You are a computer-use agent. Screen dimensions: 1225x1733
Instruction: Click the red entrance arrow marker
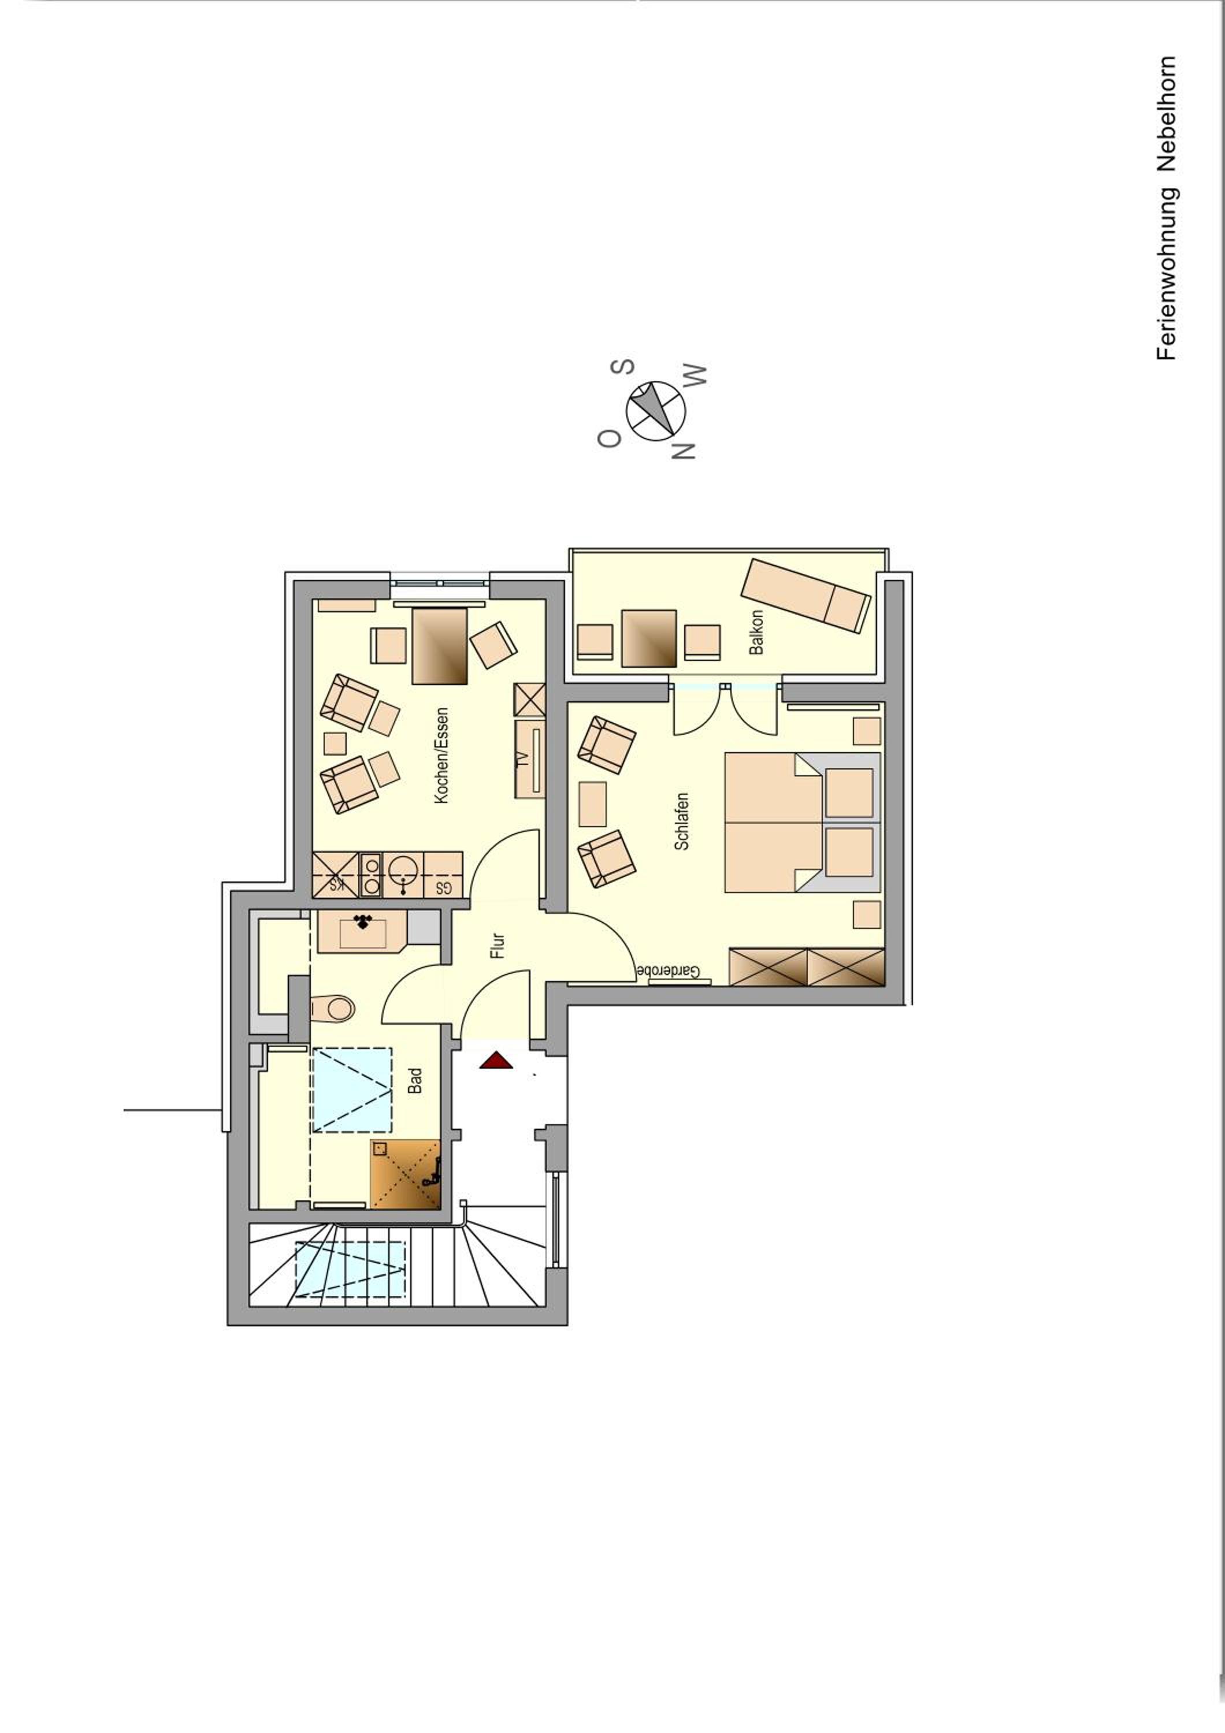(x=496, y=1061)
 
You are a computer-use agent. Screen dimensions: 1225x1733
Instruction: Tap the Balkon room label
(x=756, y=633)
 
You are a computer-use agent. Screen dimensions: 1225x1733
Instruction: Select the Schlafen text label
(x=682, y=821)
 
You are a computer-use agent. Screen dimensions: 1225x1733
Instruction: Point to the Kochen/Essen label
(x=441, y=756)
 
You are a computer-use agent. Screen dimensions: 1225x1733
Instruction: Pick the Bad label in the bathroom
(x=414, y=1080)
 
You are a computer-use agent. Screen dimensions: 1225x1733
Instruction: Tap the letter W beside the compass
(x=695, y=377)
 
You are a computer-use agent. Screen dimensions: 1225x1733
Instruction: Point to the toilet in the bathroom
(x=332, y=1007)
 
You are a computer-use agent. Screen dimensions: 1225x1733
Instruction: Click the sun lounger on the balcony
(x=805, y=596)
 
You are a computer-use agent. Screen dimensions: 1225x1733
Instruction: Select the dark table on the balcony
(x=648, y=638)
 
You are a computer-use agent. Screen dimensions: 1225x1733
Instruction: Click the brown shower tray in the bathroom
(x=405, y=1174)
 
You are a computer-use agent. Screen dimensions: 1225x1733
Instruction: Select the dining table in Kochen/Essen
(x=439, y=646)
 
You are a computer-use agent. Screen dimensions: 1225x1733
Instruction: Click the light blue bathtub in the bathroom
(x=352, y=1089)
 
